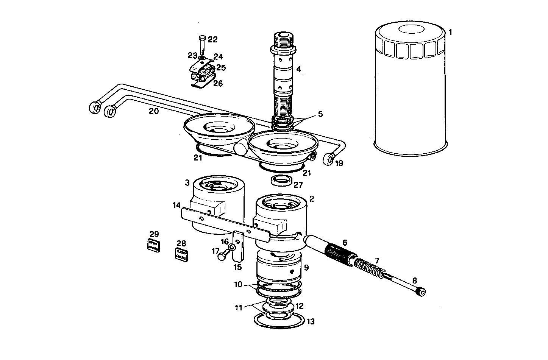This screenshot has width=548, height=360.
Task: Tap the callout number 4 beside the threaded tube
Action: (298, 69)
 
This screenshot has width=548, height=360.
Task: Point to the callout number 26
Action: (218, 83)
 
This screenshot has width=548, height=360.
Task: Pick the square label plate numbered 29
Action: (153, 245)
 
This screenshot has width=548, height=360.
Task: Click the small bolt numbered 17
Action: (222, 256)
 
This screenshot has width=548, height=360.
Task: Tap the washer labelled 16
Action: (232, 248)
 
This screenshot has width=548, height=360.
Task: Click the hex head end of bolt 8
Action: (422, 292)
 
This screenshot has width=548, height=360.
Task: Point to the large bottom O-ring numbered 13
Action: (279, 321)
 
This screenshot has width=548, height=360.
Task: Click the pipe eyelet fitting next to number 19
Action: (329, 159)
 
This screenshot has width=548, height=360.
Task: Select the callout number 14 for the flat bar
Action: (176, 205)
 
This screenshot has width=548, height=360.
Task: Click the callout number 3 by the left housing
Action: (187, 183)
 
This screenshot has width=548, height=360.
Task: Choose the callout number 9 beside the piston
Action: (306, 268)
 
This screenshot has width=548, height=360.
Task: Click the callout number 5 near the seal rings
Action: (320, 114)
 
